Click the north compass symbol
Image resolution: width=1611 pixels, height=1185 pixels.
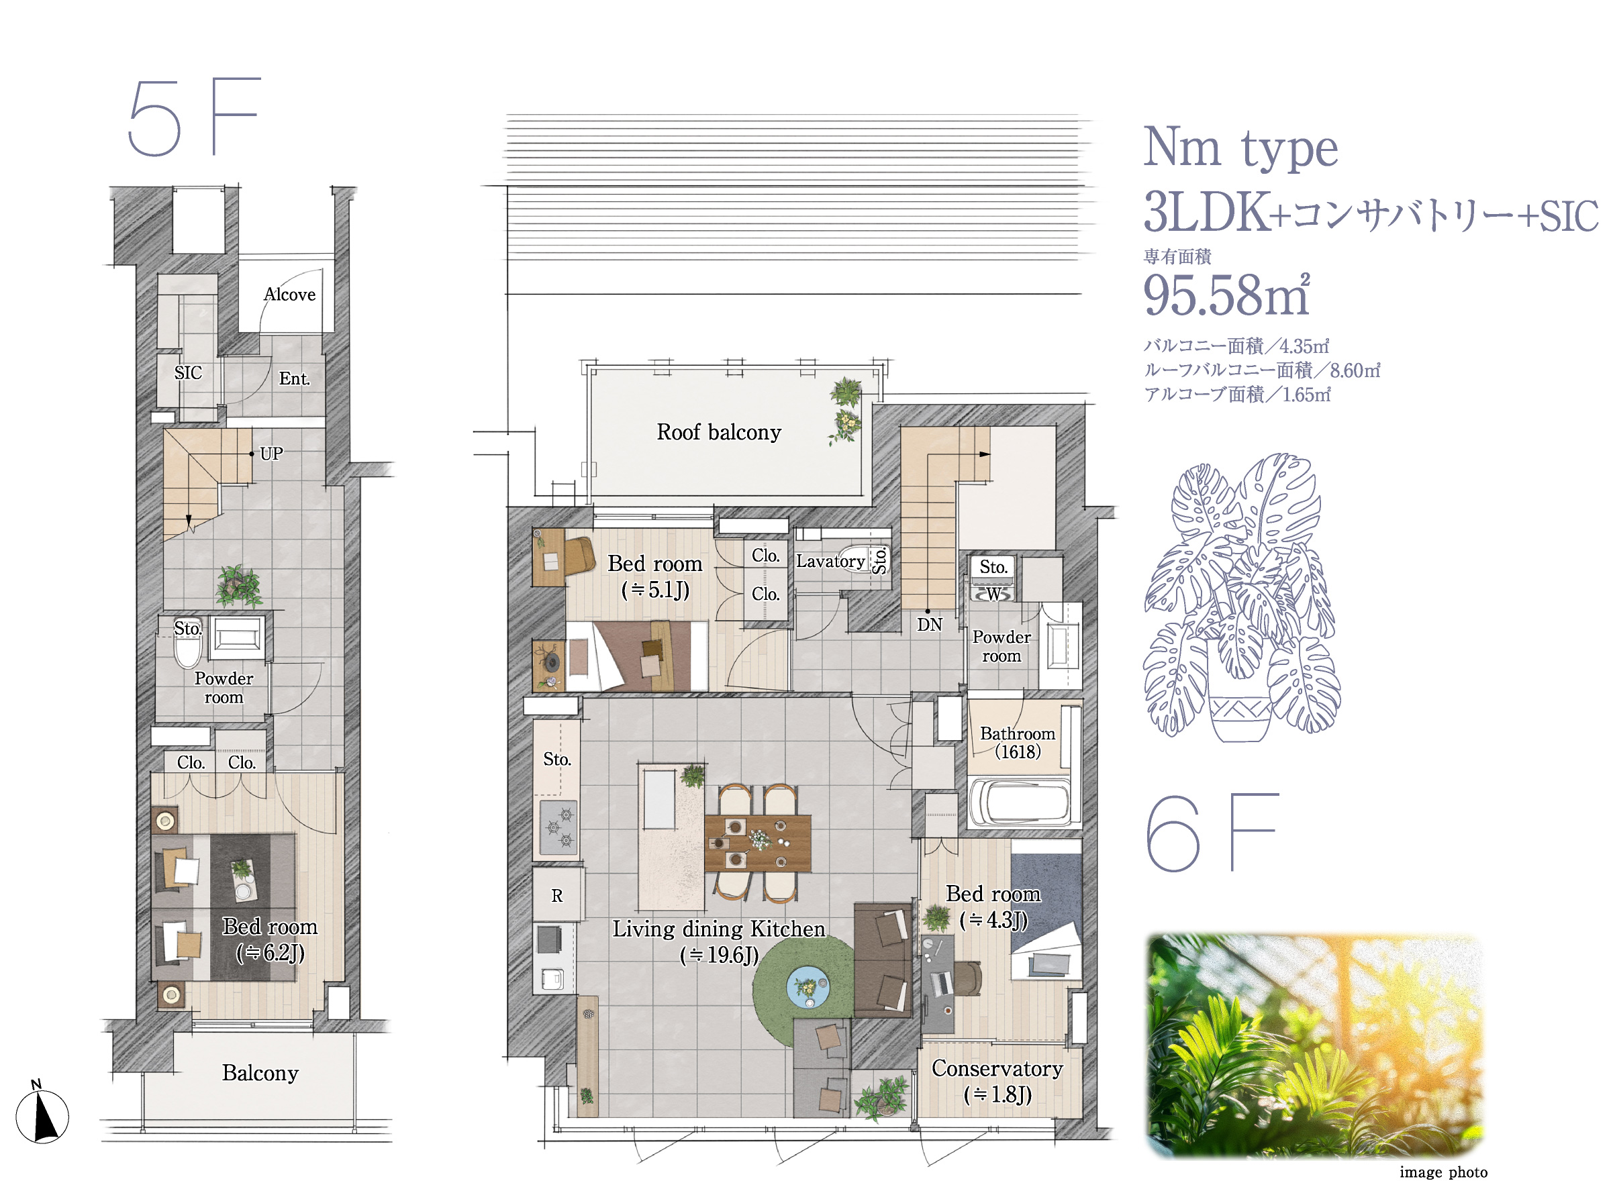tap(42, 1113)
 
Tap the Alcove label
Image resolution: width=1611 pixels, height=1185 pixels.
tap(289, 294)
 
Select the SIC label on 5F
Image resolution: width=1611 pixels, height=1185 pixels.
tap(188, 373)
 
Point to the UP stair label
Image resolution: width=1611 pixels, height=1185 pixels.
tap(271, 454)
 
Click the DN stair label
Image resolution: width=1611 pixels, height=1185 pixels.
tap(929, 625)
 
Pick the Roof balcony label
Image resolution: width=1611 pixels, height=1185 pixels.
tap(718, 432)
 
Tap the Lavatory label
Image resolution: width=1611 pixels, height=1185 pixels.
tap(830, 561)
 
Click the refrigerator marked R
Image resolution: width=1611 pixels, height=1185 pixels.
tap(558, 894)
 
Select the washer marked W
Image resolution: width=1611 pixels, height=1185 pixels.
tap(993, 594)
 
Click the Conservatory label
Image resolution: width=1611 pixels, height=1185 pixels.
tap(997, 1068)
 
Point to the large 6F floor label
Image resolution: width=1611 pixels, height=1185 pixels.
tap(1212, 832)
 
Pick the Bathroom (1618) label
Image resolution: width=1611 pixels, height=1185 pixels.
tap(1018, 742)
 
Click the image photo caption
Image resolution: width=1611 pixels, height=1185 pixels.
tap(1443, 1172)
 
